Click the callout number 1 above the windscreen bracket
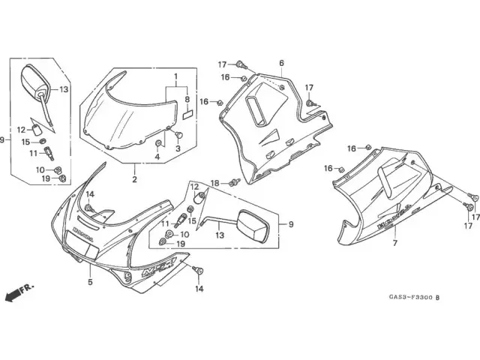coord(175,77)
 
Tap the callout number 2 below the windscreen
coord(135,179)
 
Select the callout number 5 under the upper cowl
coord(89,282)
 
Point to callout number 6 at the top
coord(281,63)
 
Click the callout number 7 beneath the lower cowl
coord(394,243)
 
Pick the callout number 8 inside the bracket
coord(187,98)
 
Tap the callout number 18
coord(214,184)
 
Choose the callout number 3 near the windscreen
coord(178,149)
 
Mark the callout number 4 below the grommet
coord(157,157)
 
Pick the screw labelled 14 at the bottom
coord(198,270)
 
